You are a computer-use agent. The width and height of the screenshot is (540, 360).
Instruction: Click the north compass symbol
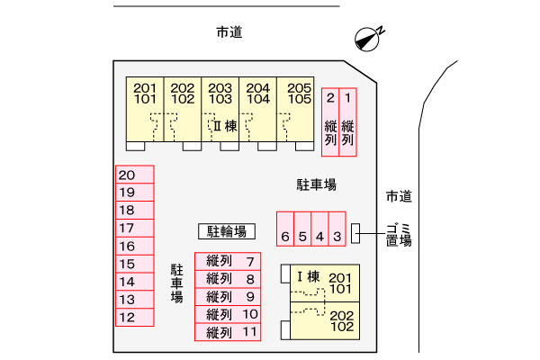click(368, 39)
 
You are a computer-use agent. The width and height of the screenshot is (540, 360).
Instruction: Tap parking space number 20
click(135, 175)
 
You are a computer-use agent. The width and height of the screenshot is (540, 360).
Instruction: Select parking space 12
click(135, 317)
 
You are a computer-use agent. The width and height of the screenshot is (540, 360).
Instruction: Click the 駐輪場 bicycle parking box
click(227, 231)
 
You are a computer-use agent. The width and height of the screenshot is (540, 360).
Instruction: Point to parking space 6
click(285, 229)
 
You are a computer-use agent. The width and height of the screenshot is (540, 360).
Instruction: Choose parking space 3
click(337, 229)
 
